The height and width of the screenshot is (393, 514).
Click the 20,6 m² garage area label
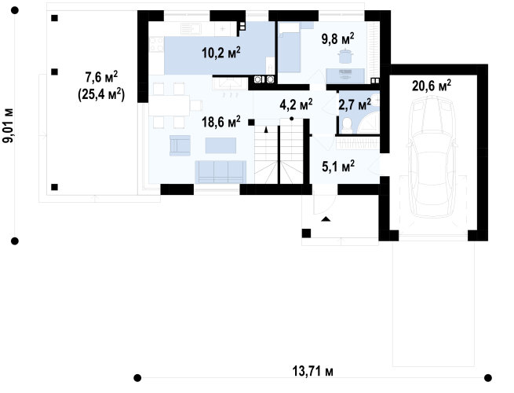pos(432,86)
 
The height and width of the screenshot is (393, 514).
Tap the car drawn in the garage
pos(432,158)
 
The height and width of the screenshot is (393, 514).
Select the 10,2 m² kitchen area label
pos(221,53)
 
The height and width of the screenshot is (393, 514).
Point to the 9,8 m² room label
pos(337,39)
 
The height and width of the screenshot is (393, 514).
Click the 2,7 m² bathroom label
pos(355,105)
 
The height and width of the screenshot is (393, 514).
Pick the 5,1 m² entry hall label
pos(338,166)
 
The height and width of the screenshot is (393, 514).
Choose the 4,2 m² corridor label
pos(296,105)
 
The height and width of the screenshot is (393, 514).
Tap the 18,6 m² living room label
pos(221,122)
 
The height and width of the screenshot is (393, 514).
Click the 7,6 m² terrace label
pos(101,78)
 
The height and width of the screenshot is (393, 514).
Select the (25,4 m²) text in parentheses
pos(101,94)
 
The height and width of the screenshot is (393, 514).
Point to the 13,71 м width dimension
pos(313,371)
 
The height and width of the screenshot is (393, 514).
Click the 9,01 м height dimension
pos(8,126)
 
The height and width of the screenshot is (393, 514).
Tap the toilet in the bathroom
pos(347,126)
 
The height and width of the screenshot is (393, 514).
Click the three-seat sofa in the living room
pos(221,171)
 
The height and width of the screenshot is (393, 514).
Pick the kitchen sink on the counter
pos(191,29)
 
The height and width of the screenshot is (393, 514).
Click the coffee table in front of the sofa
pos(221,145)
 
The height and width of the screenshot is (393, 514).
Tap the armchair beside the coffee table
pos(180,145)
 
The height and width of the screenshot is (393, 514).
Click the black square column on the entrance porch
pos(306,233)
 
